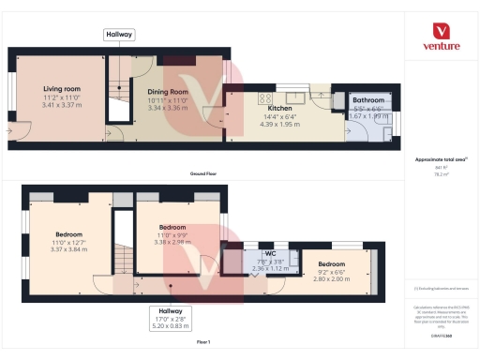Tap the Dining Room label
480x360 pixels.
pyautogui.click(x=169, y=91)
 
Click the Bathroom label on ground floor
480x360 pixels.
pyautogui.click(x=367, y=99)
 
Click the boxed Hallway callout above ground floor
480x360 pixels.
pyautogui.click(x=120, y=35)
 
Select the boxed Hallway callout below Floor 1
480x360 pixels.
pyautogui.click(x=170, y=310)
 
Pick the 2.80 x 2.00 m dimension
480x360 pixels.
pyautogui.click(x=330, y=278)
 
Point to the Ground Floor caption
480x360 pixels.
pyautogui.click(x=203, y=175)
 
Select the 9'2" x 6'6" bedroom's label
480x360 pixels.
pyautogui.click(x=330, y=264)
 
